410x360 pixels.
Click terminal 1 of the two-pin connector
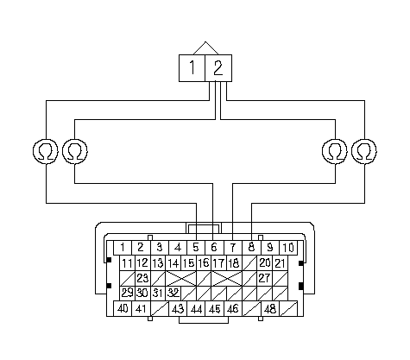[192, 68]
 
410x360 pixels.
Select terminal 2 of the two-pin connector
[218, 68]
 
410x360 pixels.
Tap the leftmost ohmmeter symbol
[46, 151]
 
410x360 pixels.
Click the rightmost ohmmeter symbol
[364, 151]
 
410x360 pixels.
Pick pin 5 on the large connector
[196, 248]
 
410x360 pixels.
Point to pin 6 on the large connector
[214, 248]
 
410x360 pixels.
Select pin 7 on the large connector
[233, 248]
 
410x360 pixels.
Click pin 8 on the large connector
[252, 248]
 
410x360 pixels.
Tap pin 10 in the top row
[288, 248]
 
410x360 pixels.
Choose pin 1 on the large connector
[123, 248]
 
